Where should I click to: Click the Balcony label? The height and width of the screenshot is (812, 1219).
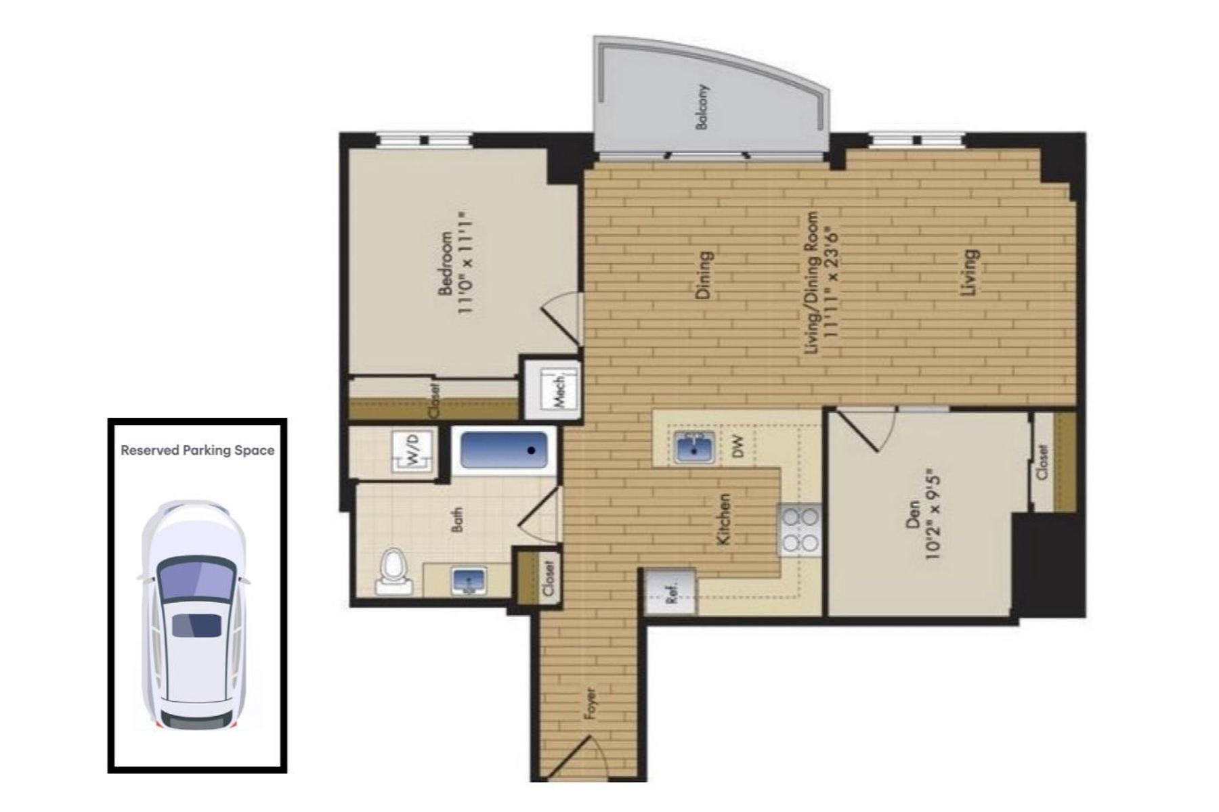pyautogui.click(x=702, y=107)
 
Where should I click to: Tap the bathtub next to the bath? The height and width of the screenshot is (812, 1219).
pyautogui.click(x=503, y=450)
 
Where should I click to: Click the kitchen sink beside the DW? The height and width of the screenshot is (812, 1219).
pyautogui.click(x=693, y=447)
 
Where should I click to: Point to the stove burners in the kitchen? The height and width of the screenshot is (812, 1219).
pyautogui.click(x=800, y=530)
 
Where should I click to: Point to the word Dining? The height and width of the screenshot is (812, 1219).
pyautogui.click(x=704, y=275)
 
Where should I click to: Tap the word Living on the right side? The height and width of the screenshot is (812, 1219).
pyautogui.click(x=970, y=273)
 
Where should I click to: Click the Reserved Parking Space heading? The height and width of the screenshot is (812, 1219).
pyautogui.click(x=198, y=450)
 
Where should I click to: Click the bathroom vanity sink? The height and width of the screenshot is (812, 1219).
pyautogui.click(x=468, y=581)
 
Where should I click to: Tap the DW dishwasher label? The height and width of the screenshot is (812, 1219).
pyautogui.click(x=738, y=447)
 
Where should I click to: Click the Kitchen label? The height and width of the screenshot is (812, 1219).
pyautogui.click(x=723, y=520)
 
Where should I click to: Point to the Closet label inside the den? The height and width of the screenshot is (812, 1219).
pyautogui.click(x=1042, y=461)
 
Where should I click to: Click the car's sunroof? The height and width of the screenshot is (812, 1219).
pyautogui.click(x=196, y=625)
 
